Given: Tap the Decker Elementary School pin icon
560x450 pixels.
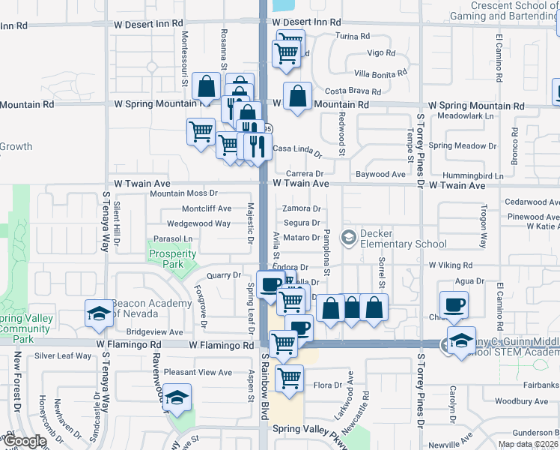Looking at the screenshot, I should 349,238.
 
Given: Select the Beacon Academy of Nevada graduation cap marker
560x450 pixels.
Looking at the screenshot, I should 97,315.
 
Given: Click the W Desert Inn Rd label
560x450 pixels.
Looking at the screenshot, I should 306,22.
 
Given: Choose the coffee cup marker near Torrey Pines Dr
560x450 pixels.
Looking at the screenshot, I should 454,305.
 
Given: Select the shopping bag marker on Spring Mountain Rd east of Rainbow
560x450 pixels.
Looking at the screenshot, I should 298,96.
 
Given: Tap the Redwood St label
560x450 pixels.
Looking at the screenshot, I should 341,133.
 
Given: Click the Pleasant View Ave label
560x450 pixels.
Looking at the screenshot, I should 198,372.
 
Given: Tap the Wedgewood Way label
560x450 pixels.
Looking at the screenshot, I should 198,223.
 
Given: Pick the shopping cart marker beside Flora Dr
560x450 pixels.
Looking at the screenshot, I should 288,379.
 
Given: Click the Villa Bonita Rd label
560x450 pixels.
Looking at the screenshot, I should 380,73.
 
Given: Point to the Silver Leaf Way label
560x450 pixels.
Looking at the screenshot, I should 63,355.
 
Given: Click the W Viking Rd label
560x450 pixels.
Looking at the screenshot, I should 454,265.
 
